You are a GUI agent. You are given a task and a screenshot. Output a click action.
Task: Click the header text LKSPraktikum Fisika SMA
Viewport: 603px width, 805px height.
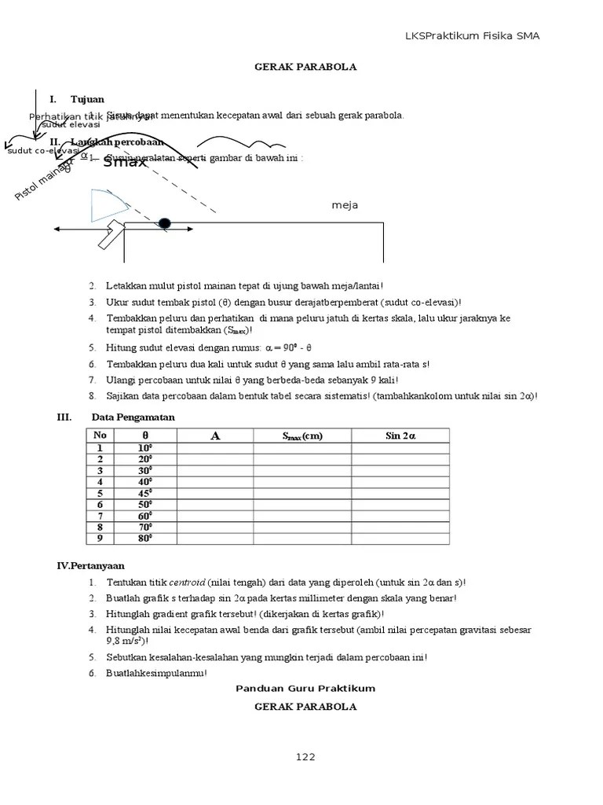472,35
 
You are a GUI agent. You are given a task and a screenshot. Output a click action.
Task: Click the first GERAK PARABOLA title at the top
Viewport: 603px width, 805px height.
305,67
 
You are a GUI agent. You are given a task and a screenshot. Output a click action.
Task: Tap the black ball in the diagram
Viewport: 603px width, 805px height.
164,223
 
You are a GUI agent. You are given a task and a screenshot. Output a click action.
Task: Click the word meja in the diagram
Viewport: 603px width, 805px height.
345,205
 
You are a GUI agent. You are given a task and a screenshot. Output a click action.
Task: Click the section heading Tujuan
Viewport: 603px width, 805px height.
87,100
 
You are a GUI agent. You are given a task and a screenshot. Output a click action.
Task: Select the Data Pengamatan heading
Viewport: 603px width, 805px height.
133,417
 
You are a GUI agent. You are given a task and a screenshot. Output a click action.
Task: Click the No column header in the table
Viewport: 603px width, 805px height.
100,436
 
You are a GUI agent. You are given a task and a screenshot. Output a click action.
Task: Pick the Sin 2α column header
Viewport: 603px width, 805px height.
400,436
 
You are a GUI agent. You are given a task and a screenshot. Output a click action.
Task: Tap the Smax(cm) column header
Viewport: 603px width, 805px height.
302,436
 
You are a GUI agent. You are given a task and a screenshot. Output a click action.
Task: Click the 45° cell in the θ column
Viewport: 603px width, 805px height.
145,493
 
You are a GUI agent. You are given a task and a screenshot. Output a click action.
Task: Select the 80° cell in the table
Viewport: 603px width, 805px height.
145,538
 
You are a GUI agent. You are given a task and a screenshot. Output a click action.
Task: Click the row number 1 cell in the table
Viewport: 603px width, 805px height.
100,448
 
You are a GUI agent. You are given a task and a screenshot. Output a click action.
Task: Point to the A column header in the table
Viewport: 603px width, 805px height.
214,436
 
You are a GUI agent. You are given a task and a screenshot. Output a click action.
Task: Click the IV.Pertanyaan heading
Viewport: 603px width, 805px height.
91,565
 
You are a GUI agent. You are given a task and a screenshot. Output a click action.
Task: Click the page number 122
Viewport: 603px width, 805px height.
305,757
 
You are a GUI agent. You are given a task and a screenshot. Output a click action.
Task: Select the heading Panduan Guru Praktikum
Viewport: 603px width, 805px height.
305,688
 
